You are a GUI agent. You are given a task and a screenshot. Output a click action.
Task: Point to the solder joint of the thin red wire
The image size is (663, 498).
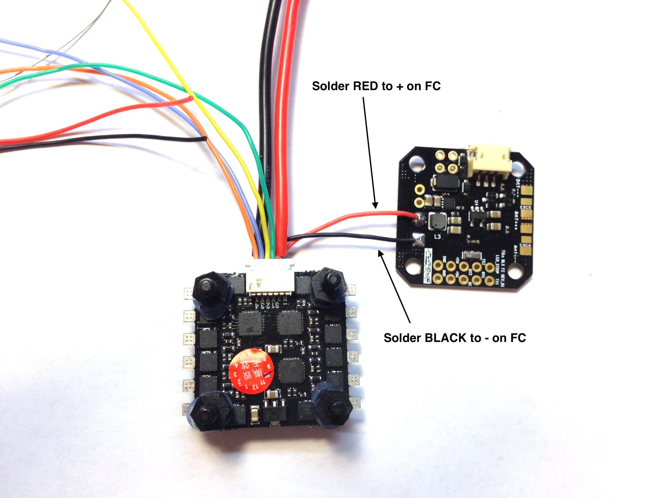coord(420,219)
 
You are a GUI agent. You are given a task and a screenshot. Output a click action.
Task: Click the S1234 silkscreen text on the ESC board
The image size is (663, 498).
coord(266,305)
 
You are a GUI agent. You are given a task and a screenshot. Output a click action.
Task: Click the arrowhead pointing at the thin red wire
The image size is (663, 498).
coord(376,206)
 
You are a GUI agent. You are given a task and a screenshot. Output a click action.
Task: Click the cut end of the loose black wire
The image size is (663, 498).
coord(205,139)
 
